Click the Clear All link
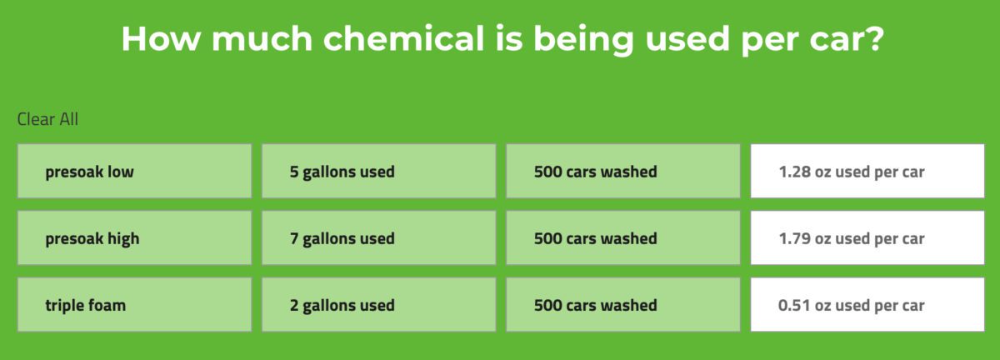point(47,119)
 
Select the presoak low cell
point(134,171)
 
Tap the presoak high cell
point(134,237)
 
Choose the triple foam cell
point(134,305)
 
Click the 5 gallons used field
point(378,171)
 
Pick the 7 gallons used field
point(378,237)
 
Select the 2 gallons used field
point(378,305)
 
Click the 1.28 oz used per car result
point(867,171)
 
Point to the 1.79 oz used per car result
point(867,237)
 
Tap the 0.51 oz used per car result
point(867,305)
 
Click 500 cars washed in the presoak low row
point(623,171)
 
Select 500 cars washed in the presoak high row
point(623,237)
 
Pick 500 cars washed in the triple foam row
point(623,305)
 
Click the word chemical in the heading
point(403,38)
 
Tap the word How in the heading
point(161,39)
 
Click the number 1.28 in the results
point(794,172)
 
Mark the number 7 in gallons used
point(293,238)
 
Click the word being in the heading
point(583,40)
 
